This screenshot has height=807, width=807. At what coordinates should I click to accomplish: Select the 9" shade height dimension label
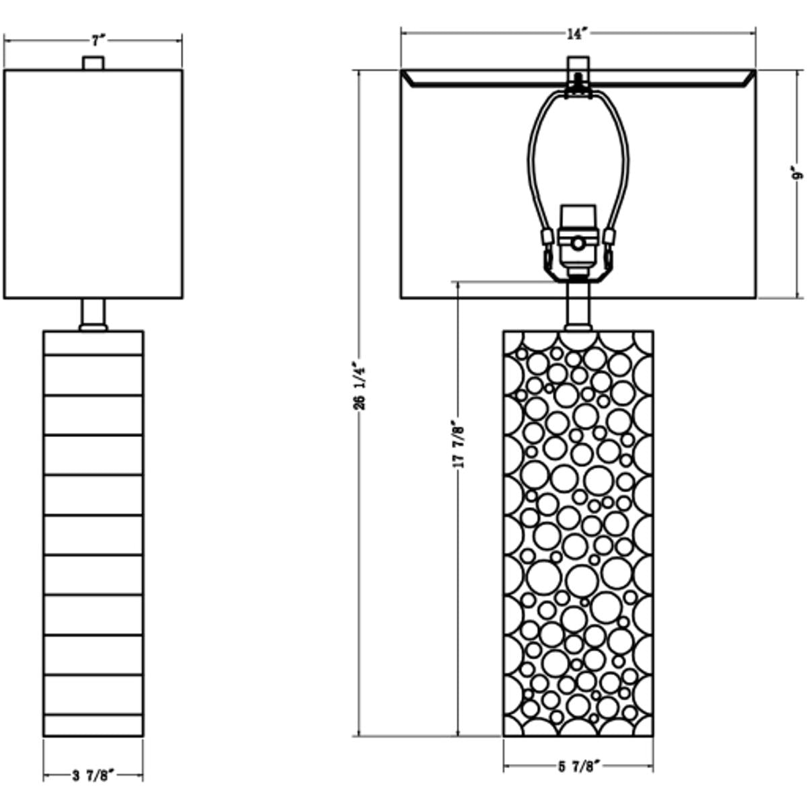point(798,172)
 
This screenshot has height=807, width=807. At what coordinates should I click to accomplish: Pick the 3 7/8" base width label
point(93,775)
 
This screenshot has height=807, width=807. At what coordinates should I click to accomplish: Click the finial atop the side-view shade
point(93,63)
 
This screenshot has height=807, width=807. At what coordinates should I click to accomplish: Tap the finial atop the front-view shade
point(578,65)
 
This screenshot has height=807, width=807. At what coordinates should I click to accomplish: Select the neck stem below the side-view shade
point(93,314)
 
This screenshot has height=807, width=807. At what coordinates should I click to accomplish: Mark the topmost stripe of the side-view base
point(93,342)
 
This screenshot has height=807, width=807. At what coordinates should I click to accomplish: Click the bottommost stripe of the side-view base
point(93,726)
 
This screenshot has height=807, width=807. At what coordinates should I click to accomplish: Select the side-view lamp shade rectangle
point(93,184)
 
